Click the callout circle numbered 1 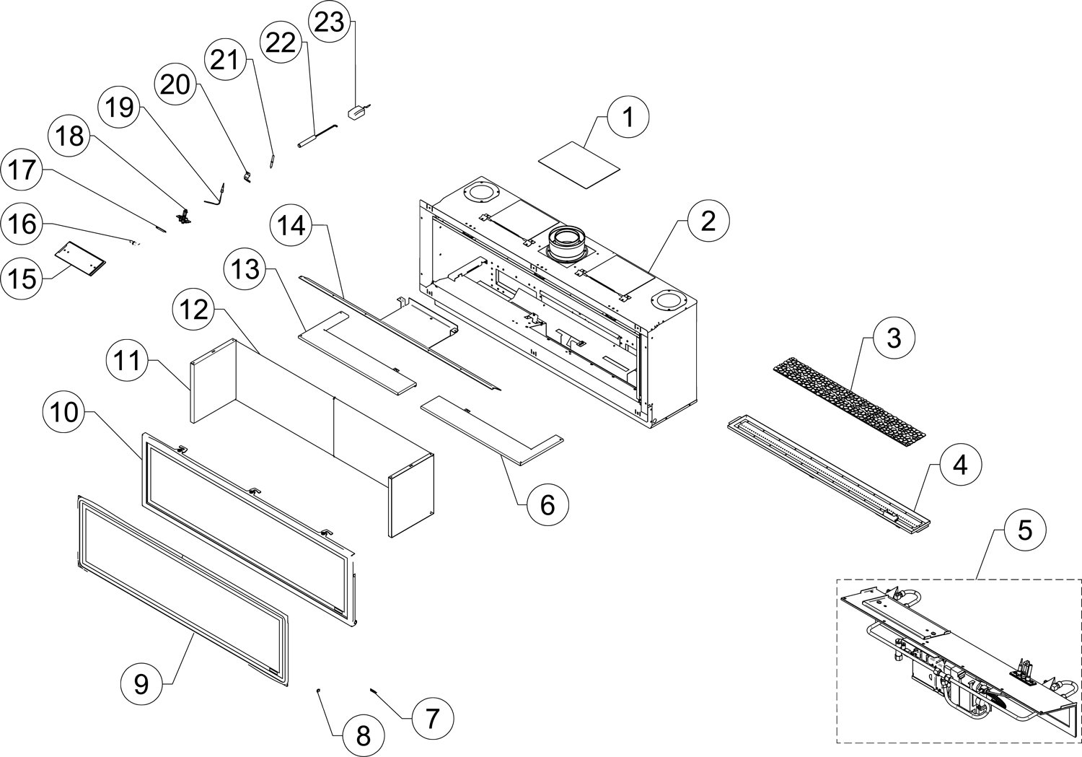(628, 117)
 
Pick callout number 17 (22, 170)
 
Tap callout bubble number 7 (432, 717)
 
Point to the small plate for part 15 (81, 256)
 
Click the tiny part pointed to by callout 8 (318, 691)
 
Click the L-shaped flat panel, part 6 (498, 433)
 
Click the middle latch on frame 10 (254, 491)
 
